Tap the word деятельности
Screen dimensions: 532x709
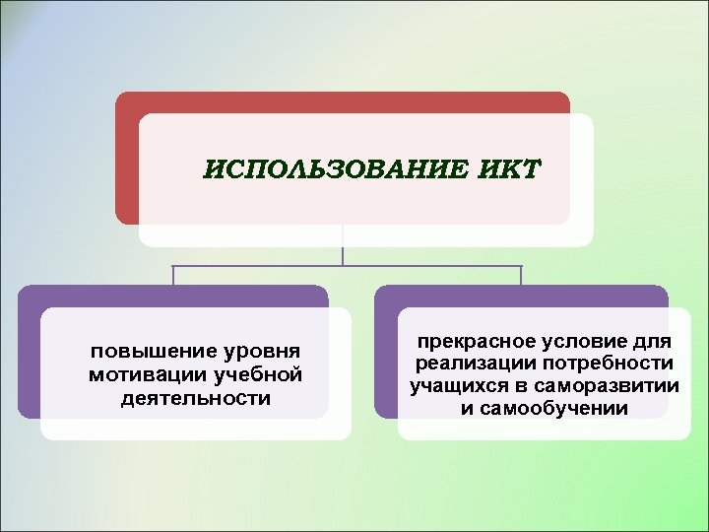(195, 399)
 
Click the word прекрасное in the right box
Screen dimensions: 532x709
(475, 342)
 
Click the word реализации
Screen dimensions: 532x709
(467, 365)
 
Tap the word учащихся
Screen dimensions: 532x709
(458, 386)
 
